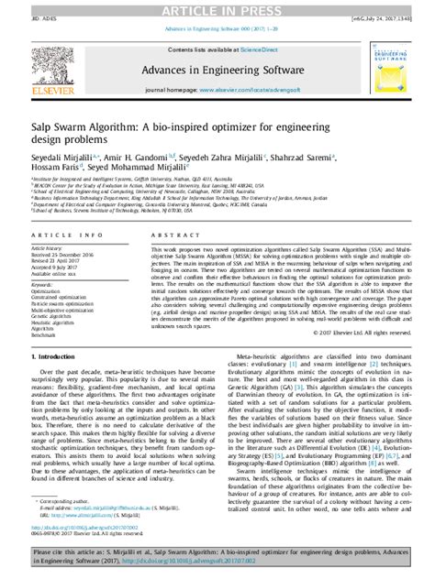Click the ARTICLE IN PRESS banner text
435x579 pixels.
point(217,7)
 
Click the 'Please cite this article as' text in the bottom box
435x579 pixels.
point(92,554)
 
